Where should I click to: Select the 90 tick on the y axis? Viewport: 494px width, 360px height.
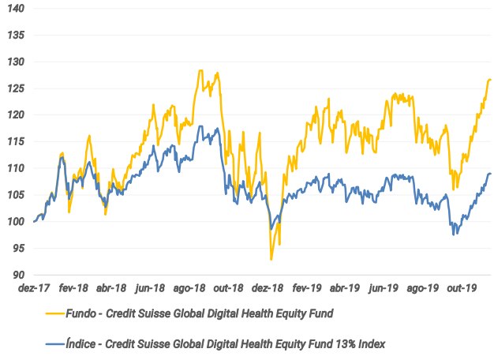pyautogui.click(x=17, y=275)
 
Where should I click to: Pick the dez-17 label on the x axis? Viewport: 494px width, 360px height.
pyautogui.click(x=34, y=289)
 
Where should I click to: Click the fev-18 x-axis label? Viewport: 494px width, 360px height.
pyautogui.click(x=73, y=289)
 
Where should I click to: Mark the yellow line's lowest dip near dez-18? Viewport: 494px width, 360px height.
pyautogui.click(x=271, y=259)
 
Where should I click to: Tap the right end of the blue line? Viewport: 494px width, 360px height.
pyautogui.click(x=491, y=174)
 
